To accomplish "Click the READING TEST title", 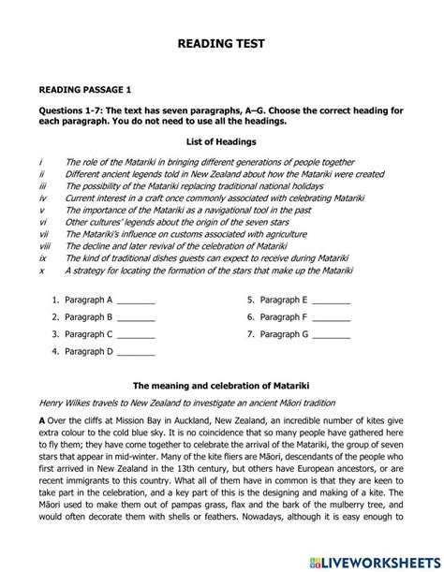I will tap(221, 44).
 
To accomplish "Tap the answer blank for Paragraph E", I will tap(331, 301).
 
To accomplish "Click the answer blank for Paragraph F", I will tap(331, 318).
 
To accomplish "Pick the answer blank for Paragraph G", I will tap(331, 335).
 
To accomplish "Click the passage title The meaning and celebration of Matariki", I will tap(221, 386).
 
